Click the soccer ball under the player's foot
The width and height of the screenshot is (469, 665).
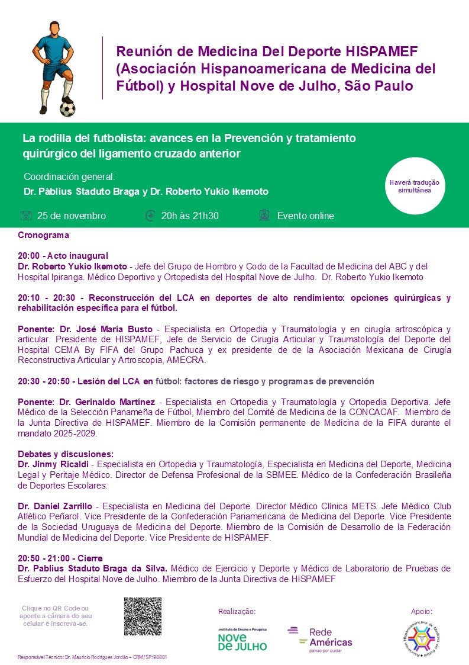(x=68, y=109)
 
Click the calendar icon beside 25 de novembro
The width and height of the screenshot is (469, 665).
(x=25, y=216)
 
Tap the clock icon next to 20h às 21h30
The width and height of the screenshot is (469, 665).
(x=150, y=216)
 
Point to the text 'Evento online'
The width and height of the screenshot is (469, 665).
(x=305, y=216)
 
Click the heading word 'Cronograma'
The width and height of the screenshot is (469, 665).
(x=43, y=235)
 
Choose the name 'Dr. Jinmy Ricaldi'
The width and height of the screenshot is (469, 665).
(x=53, y=463)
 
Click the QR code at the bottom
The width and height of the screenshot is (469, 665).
(x=143, y=616)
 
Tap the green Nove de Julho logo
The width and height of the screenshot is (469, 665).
(x=242, y=640)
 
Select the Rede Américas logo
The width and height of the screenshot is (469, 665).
(x=320, y=638)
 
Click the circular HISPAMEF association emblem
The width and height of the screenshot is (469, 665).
(x=422, y=637)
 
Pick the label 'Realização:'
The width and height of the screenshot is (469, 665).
(x=237, y=611)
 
